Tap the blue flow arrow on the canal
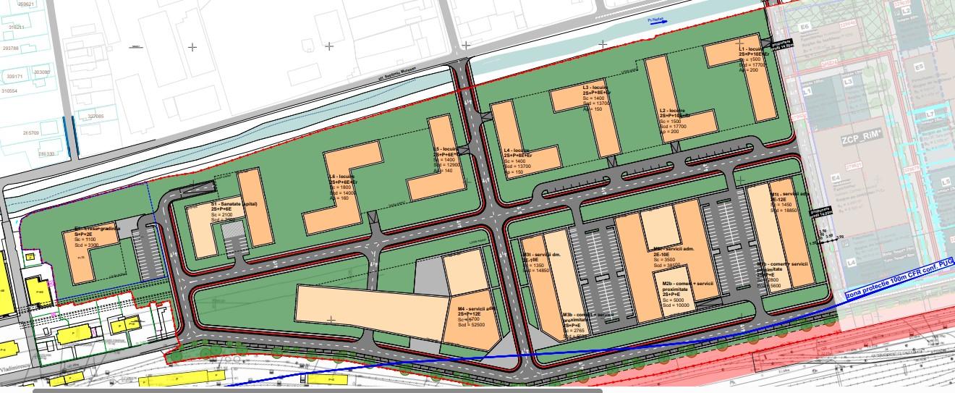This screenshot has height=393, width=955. [657, 22]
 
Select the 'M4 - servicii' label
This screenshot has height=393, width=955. [475, 309]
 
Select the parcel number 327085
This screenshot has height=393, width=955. [96, 116]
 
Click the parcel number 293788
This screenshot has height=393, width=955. [11, 48]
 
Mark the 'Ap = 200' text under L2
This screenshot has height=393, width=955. [669, 132]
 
